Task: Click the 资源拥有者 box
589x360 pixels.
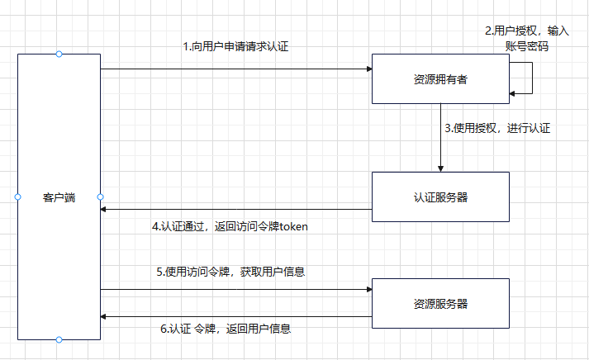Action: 439,79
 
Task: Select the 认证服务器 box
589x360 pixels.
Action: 439,197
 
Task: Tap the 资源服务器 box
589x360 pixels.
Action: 439,304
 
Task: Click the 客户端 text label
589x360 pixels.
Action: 59,197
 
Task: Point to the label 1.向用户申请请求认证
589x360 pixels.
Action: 235,47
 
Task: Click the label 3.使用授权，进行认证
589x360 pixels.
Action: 497,128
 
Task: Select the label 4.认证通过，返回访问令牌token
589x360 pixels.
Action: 230,226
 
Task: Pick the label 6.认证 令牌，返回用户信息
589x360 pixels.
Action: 225,329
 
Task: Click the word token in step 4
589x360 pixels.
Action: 293,226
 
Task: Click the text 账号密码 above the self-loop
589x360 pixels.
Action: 527,46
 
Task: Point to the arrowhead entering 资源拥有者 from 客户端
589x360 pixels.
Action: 368,69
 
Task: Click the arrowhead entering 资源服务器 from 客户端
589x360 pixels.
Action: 368,290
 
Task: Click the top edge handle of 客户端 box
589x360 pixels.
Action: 59,54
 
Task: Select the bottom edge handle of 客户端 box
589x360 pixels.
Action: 59,339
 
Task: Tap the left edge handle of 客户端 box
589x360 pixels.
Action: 17,197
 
